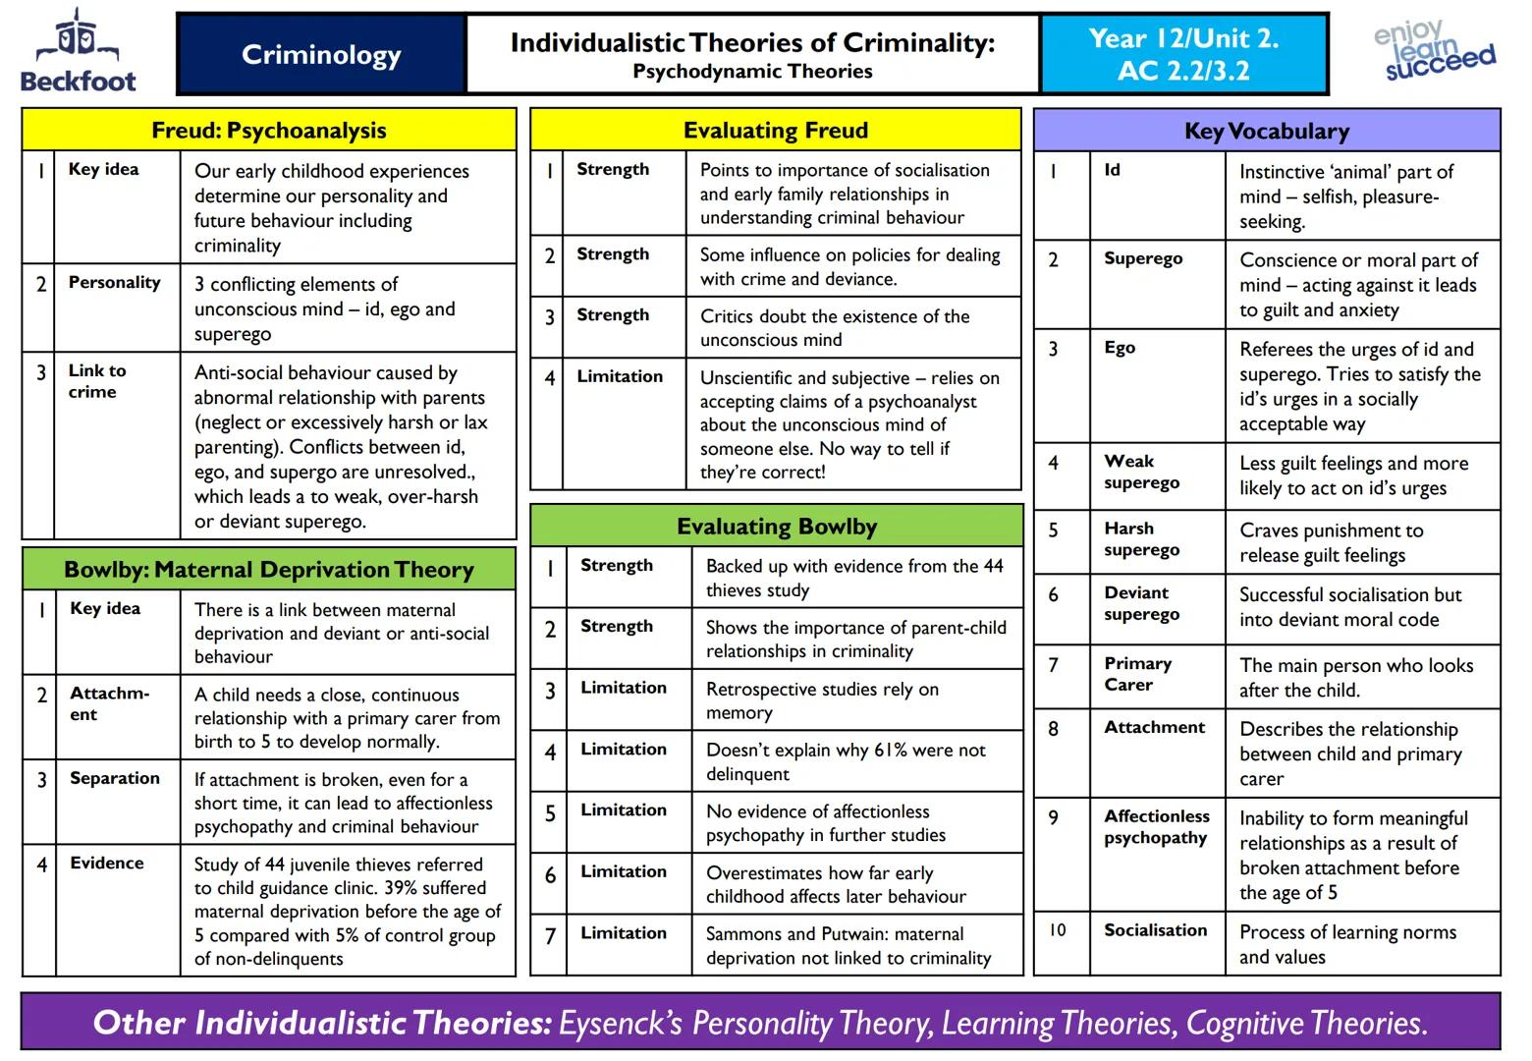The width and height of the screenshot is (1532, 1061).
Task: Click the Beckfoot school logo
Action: pyautogui.click(x=79, y=51)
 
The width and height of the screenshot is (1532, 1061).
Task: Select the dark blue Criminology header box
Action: pyautogui.click(x=321, y=55)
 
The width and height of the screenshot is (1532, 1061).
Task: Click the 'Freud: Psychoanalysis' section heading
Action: pyautogui.click(x=268, y=131)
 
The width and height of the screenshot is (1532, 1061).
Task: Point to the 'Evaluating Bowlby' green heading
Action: pyautogui.click(x=776, y=527)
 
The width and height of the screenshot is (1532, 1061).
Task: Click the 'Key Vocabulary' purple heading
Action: pyautogui.click(x=1267, y=131)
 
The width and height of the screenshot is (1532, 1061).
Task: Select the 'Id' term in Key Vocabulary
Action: pyautogui.click(x=1112, y=170)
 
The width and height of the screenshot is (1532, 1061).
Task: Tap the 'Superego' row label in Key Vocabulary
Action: pyautogui.click(x=1143, y=258)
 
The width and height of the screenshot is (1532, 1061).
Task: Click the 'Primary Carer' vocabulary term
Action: pyautogui.click(x=1137, y=674)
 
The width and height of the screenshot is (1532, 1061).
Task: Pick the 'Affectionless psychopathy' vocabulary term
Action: pyautogui.click(x=1156, y=826)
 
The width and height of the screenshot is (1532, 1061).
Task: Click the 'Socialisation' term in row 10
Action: pyautogui.click(x=1155, y=930)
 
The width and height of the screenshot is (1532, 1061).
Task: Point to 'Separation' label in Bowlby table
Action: pyautogui.click(x=114, y=778)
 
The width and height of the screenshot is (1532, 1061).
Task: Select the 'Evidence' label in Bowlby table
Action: pyautogui.click(x=106, y=863)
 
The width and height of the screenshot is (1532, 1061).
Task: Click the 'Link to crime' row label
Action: pyautogui.click(x=96, y=381)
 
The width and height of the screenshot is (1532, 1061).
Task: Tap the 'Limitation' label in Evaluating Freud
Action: pyautogui.click(x=619, y=376)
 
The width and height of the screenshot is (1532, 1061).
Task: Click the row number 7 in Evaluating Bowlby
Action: pyautogui.click(x=550, y=936)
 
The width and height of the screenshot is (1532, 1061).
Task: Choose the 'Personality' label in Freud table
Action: pyautogui.click(x=114, y=282)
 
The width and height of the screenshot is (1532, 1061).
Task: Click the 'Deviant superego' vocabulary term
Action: pyautogui.click(x=1140, y=603)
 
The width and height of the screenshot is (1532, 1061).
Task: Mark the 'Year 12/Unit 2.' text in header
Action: pyautogui.click(x=1183, y=39)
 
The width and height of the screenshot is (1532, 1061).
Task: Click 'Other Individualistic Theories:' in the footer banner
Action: pyautogui.click(x=322, y=1023)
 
